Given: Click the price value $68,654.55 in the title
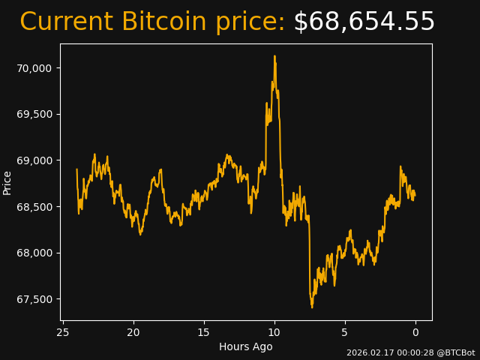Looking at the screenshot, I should point(364,22).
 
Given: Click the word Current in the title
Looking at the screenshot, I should point(66,22).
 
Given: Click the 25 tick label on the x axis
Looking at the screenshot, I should point(63,332).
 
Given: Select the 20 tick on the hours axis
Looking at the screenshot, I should point(133,332).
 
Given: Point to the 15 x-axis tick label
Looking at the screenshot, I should point(204,332).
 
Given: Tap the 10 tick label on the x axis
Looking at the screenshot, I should point(274,332).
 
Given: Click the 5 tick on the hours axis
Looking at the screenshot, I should point(345,332).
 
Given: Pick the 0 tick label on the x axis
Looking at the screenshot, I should point(415,332).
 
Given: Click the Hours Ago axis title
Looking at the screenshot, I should point(246,346).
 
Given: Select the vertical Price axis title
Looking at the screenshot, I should point(7,182).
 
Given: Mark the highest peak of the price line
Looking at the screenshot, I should point(274,56).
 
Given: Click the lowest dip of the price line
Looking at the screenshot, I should point(312,307).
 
